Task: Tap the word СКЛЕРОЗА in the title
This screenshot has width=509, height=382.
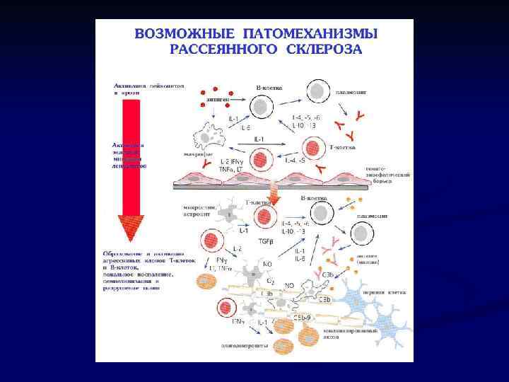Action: coord(324,49)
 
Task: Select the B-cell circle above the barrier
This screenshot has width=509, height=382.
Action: coord(262,105)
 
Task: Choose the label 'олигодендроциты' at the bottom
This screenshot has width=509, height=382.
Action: coord(242,346)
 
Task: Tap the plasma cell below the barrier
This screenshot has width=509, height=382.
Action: coord(361,233)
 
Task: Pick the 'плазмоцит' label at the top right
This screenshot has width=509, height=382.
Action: coord(361,92)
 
